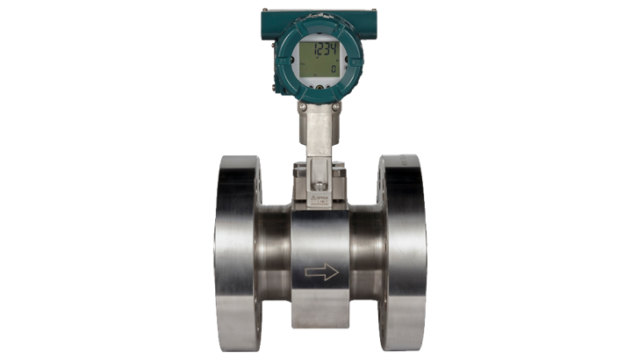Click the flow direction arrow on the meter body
click(x=321, y=273)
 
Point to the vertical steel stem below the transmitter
click(x=319, y=132)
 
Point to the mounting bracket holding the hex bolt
click(x=320, y=171)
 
